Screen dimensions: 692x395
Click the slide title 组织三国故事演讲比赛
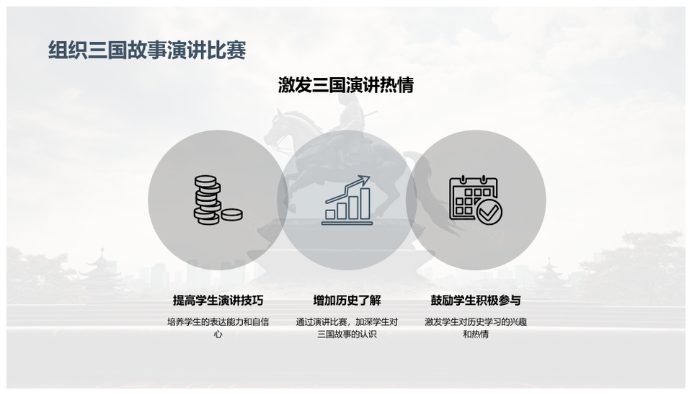[x=147, y=50]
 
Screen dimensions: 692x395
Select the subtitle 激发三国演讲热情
[x=346, y=85]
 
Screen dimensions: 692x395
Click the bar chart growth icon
[x=347, y=200]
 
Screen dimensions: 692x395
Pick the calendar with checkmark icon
[x=476, y=200]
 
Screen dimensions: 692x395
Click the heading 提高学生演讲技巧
[x=218, y=301]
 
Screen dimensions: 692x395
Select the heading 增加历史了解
[x=347, y=301]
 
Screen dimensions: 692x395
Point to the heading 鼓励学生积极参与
[x=476, y=301]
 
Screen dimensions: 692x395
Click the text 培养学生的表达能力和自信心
[x=218, y=328]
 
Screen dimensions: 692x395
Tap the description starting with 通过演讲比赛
[x=347, y=328]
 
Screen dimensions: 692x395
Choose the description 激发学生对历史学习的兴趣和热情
[x=476, y=328]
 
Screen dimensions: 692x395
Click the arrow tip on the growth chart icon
[x=368, y=177]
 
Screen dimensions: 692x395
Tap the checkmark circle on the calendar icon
[x=489, y=213]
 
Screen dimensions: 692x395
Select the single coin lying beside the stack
[x=231, y=215]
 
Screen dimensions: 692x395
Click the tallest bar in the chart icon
[x=365, y=203]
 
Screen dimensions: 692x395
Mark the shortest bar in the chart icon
[x=330, y=215]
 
